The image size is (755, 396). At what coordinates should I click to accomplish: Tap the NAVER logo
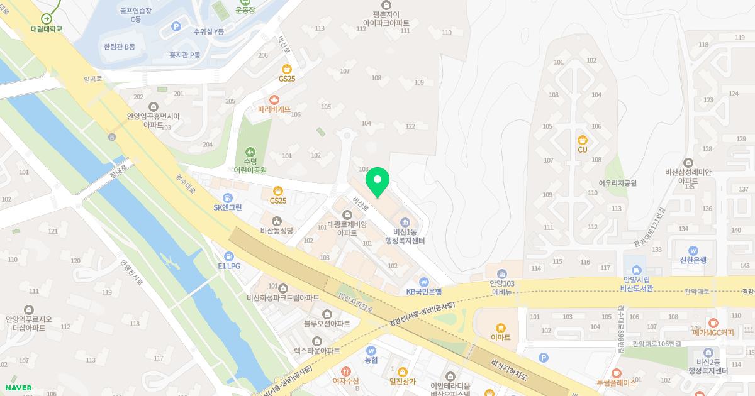(18, 388)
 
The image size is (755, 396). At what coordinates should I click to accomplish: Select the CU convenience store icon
(582, 140)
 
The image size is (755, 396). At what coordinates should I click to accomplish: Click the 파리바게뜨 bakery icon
(274, 99)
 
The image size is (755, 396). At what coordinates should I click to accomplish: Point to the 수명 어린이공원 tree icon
(250, 152)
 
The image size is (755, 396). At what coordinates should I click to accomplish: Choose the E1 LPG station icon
(229, 256)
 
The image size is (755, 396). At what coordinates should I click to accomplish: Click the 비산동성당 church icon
(277, 221)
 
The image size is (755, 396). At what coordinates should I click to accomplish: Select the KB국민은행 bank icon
(424, 282)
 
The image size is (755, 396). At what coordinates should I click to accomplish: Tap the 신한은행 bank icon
(693, 250)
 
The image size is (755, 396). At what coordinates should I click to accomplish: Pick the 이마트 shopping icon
(501, 327)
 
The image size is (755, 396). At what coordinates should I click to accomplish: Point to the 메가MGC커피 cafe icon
(713, 322)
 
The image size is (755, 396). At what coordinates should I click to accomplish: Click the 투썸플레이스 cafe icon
(616, 372)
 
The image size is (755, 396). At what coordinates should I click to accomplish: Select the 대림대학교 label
(47, 29)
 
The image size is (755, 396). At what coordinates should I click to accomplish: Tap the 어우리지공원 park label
(618, 184)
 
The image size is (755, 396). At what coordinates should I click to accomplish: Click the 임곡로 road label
(92, 79)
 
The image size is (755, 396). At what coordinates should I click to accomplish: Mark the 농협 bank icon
(371, 350)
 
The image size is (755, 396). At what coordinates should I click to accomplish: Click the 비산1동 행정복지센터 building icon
(405, 222)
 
